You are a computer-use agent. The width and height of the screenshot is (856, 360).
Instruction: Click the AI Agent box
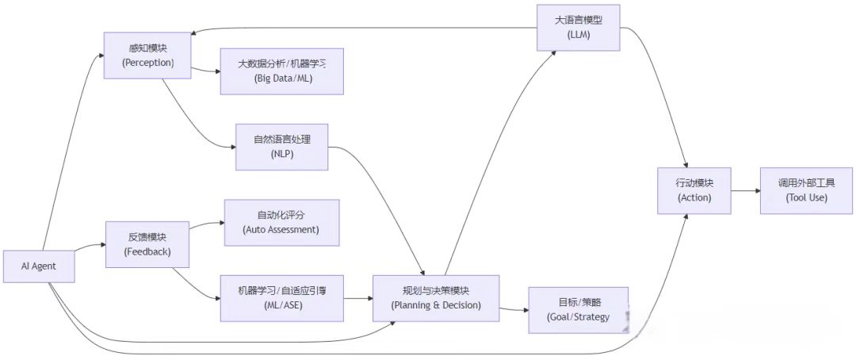click(39, 266)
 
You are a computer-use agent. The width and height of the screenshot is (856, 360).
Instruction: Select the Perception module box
click(148, 55)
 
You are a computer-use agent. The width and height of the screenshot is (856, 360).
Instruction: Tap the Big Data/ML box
click(282, 71)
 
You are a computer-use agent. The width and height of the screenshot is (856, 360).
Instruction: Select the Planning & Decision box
click(436, 298)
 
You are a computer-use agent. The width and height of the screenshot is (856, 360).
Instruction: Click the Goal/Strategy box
click(578, 310)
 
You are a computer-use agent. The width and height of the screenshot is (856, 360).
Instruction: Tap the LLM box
click(579, 28)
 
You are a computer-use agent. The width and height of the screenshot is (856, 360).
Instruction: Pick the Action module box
click(694, 190)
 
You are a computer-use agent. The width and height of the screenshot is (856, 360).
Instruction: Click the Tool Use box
click(807, 190)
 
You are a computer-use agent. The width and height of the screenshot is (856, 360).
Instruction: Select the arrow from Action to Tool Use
click(744, 190)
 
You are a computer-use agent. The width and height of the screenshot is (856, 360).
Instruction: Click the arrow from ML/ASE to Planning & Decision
click(359, 298)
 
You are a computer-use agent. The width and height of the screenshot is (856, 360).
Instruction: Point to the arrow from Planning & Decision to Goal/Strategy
click(514, 308)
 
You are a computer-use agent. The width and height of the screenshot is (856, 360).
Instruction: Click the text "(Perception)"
click(148, 63)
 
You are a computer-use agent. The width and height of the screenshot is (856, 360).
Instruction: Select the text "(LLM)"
click(579, 36)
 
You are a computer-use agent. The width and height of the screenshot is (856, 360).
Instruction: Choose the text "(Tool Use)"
click(807, 197)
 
